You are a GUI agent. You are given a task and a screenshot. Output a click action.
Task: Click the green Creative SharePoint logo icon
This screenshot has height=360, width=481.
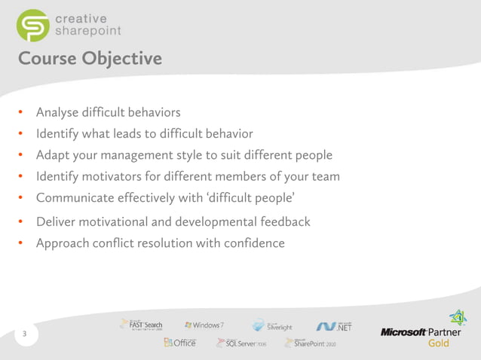click(x=32, y=25)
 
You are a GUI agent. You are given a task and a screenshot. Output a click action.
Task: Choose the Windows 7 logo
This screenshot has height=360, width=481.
click(x=204, y=325)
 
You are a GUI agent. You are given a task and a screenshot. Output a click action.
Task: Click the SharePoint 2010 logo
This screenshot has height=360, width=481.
click(x=310, y=343)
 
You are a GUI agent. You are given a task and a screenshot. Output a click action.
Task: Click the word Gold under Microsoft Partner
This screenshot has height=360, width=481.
click(x=438, y=343)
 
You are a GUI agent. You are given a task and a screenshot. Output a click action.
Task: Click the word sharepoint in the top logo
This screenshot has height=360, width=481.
click(x=87, y=31)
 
